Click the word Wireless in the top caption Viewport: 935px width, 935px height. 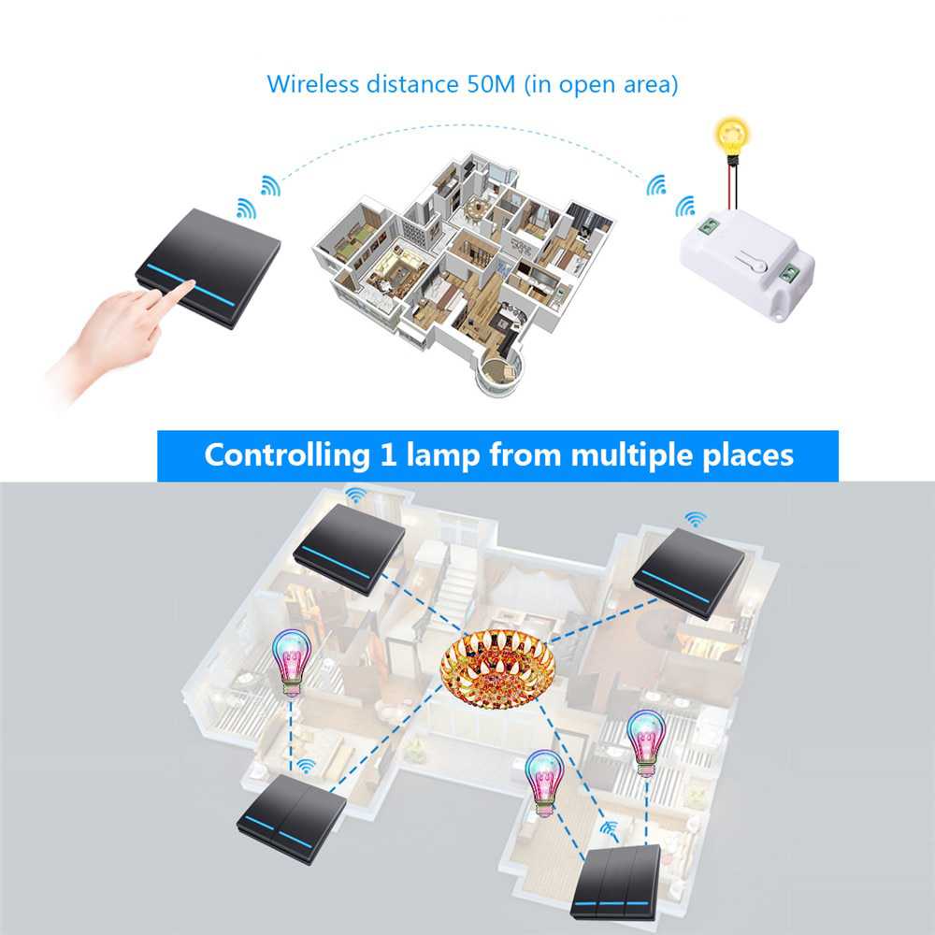point(312,83)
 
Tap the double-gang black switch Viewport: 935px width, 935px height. point(291,810)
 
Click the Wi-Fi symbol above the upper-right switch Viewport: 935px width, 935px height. point(694,518)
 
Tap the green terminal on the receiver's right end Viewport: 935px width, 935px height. point(790,272)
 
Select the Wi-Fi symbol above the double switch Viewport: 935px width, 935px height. point(304,767)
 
